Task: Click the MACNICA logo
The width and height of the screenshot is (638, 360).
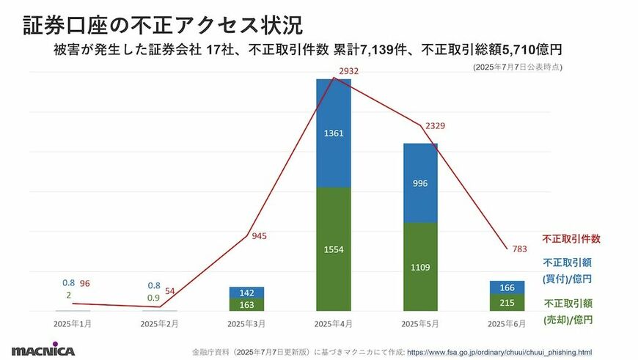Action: pos(43,350)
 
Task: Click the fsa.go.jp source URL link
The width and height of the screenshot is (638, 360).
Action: pos(499,351)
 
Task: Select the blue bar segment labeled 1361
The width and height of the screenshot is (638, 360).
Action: pos(334,133)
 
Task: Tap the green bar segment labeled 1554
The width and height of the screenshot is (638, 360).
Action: pos(334,249)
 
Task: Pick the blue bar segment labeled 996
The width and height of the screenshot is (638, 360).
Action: pos(420,183)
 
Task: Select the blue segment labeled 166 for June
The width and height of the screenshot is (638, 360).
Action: pos(507,287)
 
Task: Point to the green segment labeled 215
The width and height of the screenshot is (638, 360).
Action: pos(507,303)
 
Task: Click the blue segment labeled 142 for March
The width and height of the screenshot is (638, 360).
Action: pos(246,292)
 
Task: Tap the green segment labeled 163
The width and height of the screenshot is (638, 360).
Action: pos(246,304)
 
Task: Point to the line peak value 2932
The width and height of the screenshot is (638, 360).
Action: pos(348,71)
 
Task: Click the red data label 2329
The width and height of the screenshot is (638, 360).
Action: pos(434,126)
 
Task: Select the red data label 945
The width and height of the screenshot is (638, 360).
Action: pos(259,236)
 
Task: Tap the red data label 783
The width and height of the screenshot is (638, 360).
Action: pos(519,249)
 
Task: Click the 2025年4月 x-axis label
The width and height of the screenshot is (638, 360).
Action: pos(334,323)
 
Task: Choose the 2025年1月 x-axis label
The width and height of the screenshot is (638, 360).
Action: pos(73,323)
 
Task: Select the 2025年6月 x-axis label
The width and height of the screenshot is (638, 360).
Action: pos(507,323)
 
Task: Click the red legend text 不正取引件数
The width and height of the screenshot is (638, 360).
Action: pos(571,238)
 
